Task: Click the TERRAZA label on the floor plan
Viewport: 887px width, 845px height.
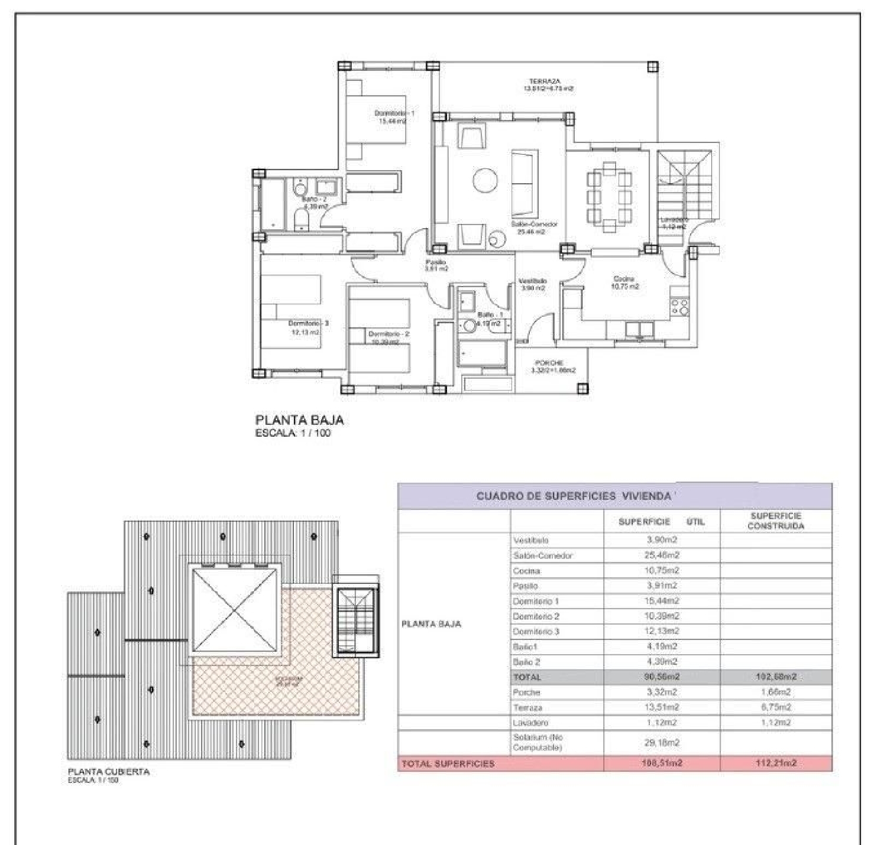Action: (545, 82)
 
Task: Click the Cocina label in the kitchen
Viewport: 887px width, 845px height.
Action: (624, 279)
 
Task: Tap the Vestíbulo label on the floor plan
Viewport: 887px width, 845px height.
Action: (532, 281)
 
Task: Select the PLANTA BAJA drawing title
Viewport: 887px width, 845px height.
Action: (299, 420)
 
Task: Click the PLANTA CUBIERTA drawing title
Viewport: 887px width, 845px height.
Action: (108, 772)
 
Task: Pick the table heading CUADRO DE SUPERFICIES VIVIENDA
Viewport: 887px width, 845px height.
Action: (574, 496)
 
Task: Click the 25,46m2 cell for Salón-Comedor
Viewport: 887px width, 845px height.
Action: (662, 555)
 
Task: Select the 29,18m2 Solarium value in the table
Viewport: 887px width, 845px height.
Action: (662, 743)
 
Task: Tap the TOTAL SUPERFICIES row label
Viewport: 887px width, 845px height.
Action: (448, 764)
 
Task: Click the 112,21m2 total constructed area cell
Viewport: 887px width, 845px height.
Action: (776, 763)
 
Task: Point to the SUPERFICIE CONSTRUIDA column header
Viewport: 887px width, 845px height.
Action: (776, 521)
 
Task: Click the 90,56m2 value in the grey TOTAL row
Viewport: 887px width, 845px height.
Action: (662, 677)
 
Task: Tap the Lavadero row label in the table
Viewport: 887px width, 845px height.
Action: (530, 723)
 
